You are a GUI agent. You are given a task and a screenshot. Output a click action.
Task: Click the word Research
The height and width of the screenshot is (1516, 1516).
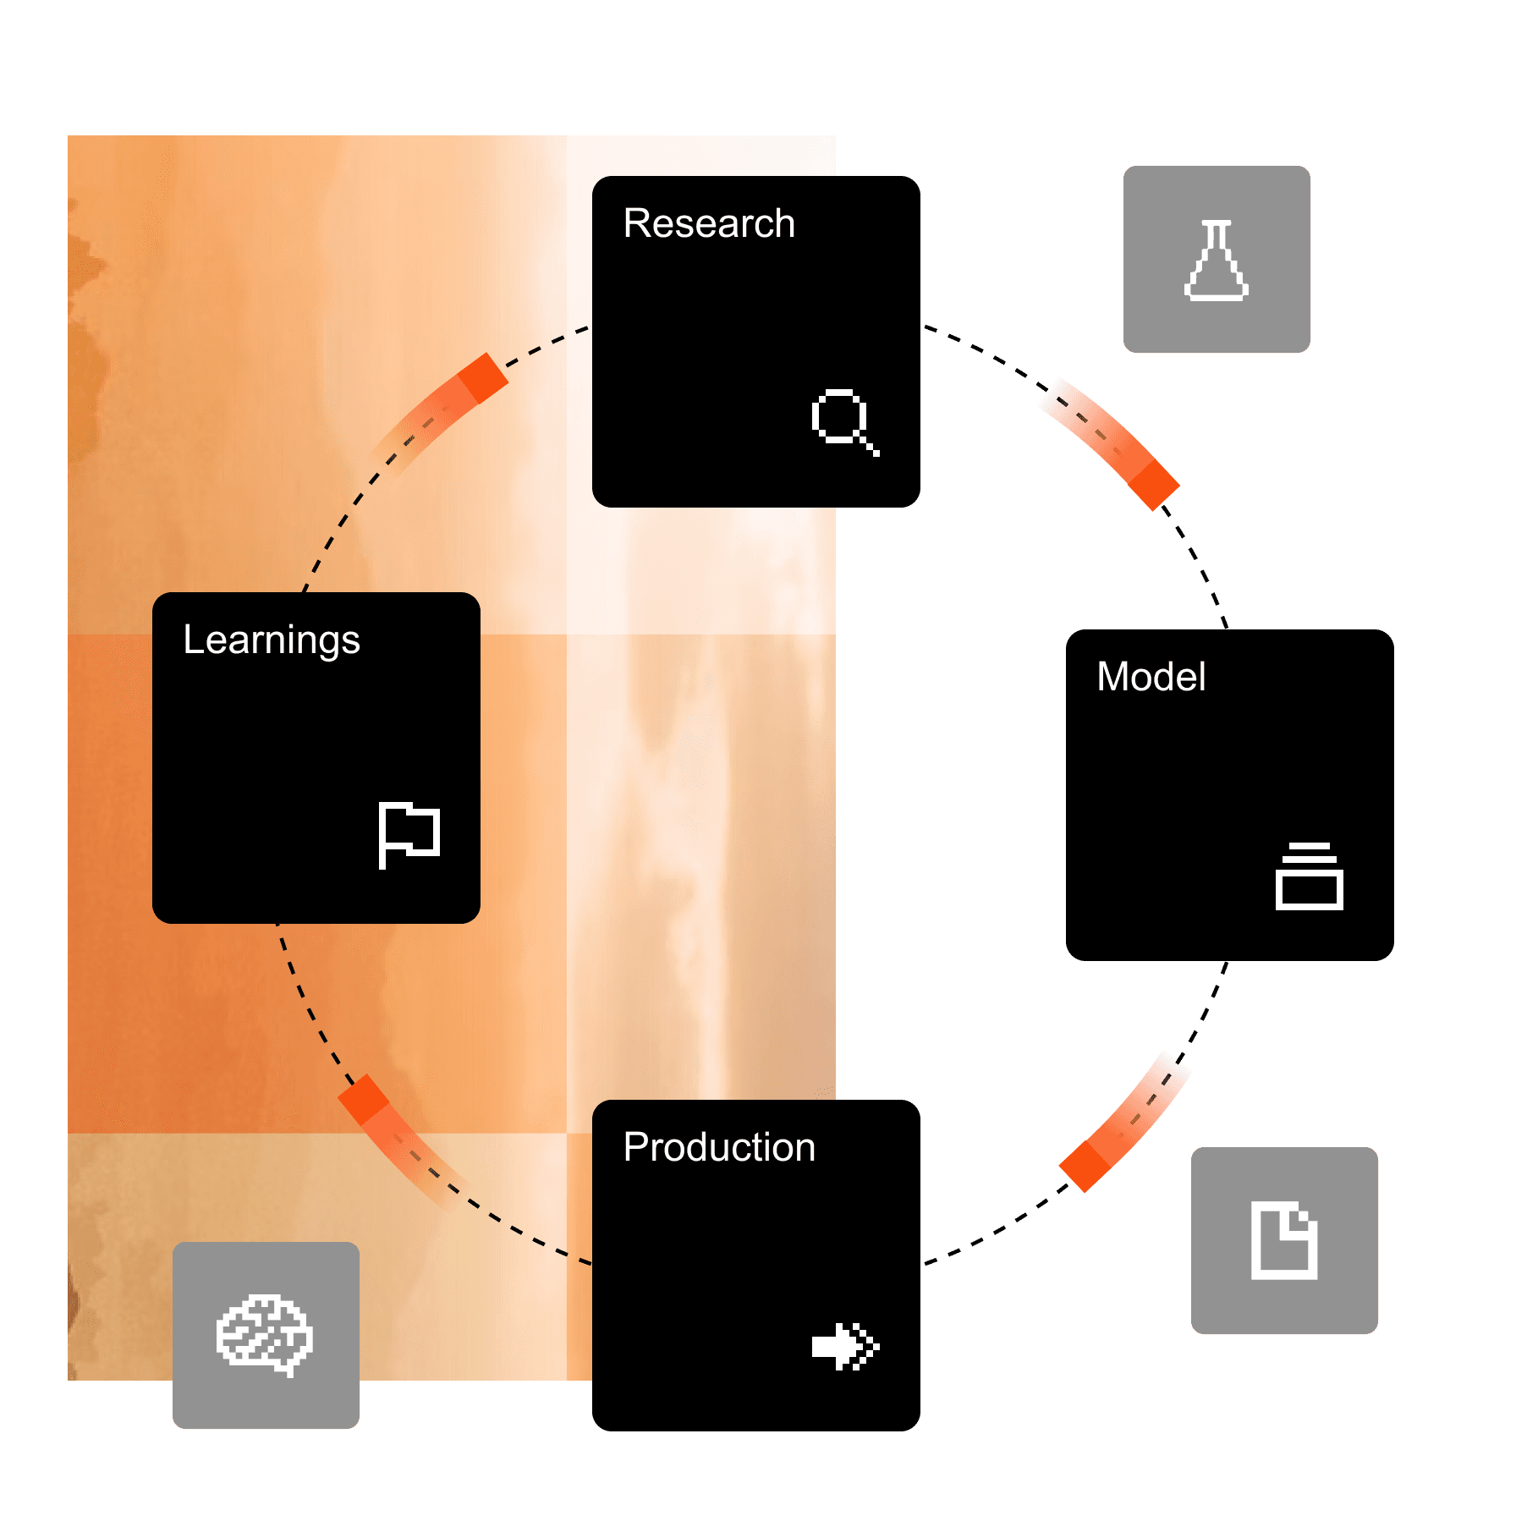[x=709, y=224]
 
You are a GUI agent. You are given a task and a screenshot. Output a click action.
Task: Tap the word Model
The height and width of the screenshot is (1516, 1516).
[x=1151, y=677]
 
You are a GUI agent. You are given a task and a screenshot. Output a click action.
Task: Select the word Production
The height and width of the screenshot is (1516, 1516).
[x=719, y=1148]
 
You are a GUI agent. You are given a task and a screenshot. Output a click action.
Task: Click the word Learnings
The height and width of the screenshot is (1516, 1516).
[x=272, y=640]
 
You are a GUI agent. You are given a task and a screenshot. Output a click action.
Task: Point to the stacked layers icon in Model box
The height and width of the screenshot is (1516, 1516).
[x=1309, y=876]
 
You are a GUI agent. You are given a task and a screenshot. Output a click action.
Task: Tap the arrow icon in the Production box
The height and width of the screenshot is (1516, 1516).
[x=844, y=1346]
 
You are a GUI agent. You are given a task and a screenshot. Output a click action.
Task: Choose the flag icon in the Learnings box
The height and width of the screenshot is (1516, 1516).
[x=409, y=834]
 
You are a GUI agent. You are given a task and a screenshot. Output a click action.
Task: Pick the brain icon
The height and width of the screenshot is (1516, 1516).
[x=265, y=1334]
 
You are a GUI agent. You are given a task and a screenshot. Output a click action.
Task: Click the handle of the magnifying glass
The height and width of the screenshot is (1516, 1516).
[x=868, y=445]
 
